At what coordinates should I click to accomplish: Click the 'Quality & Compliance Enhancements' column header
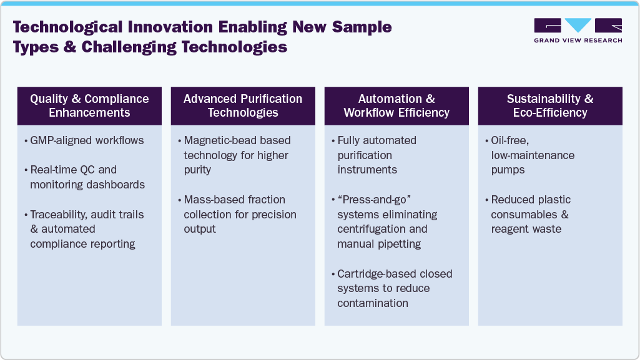(x=89, y=105)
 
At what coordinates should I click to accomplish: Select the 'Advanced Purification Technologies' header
(x=243, y=105)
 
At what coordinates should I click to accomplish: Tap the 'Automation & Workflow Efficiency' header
(x=396, y=105)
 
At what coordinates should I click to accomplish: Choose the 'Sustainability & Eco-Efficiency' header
(x=550, y=105)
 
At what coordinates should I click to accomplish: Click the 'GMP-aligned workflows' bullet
(x=87, y=140)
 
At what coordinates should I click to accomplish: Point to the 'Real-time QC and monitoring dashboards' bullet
(x=87, y=177)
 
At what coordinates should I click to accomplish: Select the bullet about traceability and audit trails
(x=87, y=229)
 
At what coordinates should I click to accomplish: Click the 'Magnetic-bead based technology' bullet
(x=237, y=155)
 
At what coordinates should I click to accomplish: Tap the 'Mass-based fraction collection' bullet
(x=240, y=214)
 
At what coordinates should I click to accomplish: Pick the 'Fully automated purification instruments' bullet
(x=377, y=155)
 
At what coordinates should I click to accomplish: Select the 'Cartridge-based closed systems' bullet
(x=395, y=288)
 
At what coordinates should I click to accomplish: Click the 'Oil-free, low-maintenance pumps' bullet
(x=533, y=155)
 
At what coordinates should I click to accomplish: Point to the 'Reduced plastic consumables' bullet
(x=531, y=214)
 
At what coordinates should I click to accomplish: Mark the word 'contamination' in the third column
(x=373, y=303)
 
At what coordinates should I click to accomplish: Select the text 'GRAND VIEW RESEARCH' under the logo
(x=578, y=41)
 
